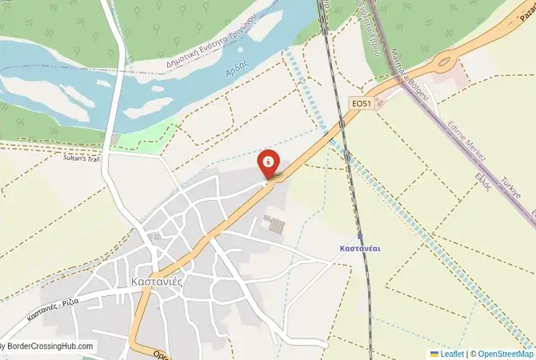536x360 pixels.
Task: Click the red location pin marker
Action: point(269,163)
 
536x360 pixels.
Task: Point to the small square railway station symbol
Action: point(360,237)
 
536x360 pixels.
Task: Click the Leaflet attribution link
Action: point(451,353)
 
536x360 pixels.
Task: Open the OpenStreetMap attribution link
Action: point(502,353)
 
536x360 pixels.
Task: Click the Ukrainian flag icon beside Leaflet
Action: point(434,353)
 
